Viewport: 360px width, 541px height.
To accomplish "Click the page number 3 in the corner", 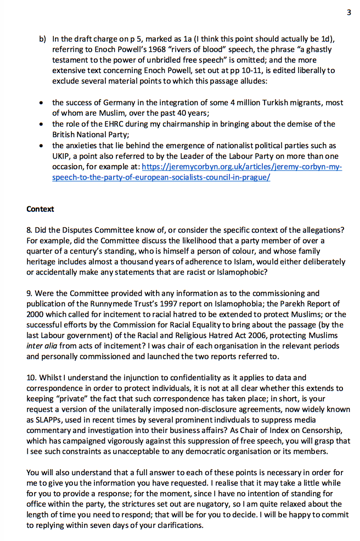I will (348, 13).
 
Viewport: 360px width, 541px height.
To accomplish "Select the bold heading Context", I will (40, 209).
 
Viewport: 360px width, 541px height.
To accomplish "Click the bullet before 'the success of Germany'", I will (42, 103).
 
